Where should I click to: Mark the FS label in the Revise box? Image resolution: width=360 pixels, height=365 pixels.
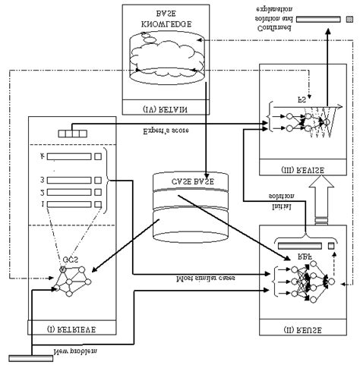303,97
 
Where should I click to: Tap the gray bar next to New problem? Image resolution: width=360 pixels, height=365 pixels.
30,358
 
